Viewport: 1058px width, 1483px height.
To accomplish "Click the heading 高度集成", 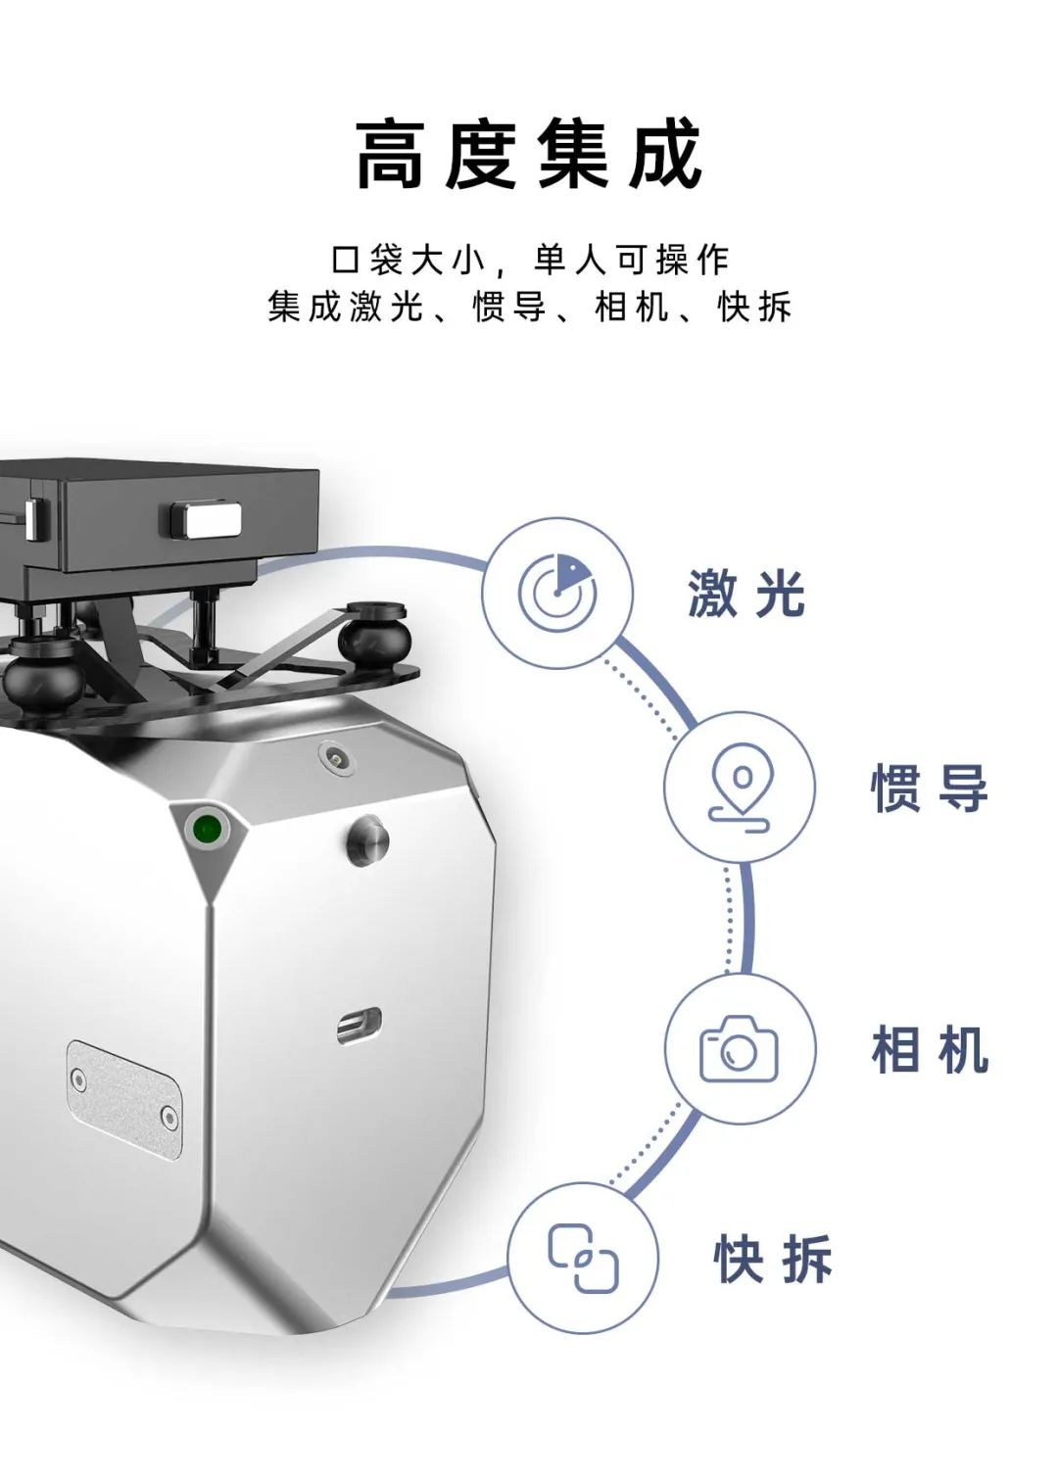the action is pos(528,153).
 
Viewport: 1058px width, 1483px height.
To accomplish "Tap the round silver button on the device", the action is pos(368,839).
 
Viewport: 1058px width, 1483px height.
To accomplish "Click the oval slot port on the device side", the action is pos(359,1027).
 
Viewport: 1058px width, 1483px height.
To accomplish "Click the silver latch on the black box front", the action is pos(206,520).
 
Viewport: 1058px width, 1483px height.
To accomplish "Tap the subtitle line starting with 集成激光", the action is pos(529,307).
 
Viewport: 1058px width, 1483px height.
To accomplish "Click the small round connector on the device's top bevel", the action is pos(331,755).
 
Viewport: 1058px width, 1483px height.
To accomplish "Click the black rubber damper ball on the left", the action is pos(44,675).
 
